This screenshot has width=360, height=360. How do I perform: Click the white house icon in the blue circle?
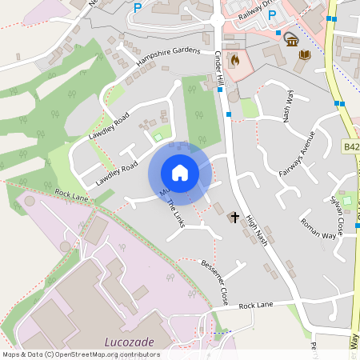pos(180,173)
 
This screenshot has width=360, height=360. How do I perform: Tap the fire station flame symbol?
pos(234,59)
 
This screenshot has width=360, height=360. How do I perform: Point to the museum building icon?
pos(291,39)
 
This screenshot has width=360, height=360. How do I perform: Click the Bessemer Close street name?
pos(215,276)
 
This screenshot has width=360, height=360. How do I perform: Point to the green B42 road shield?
pos(352,146)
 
